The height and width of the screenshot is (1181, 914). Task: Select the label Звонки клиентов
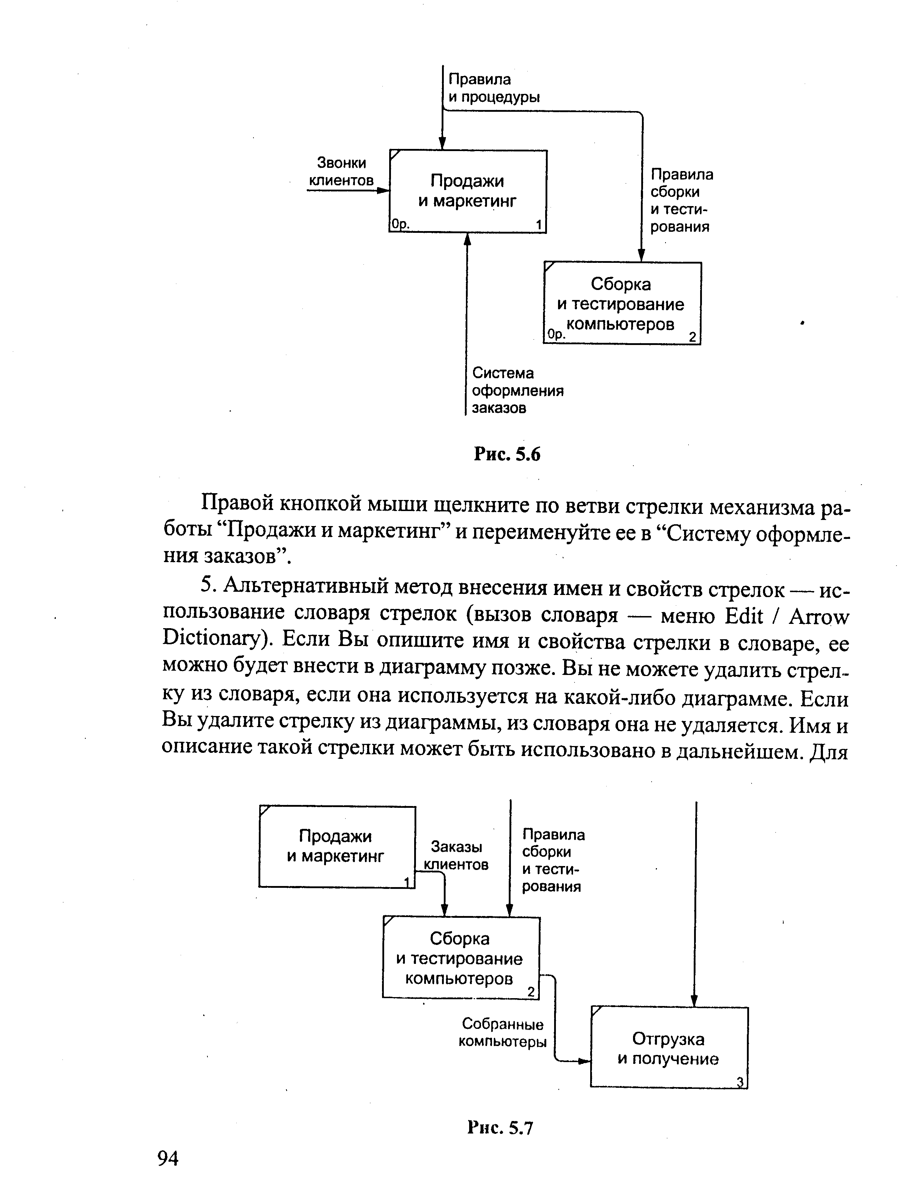tap(341, 171)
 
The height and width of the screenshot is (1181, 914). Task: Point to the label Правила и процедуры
tap(493, 88)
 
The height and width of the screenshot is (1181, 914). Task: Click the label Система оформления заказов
tap(517, 390)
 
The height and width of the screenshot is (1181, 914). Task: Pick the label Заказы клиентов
tap(456, 855)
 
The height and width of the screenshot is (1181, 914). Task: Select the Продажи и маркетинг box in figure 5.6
tap(468, 191)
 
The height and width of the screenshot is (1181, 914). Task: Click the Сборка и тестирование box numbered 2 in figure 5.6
tap(622, 303)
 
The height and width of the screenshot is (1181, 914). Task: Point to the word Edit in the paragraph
tap(743, 616)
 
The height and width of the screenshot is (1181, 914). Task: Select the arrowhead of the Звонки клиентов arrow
tap(384, 190)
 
